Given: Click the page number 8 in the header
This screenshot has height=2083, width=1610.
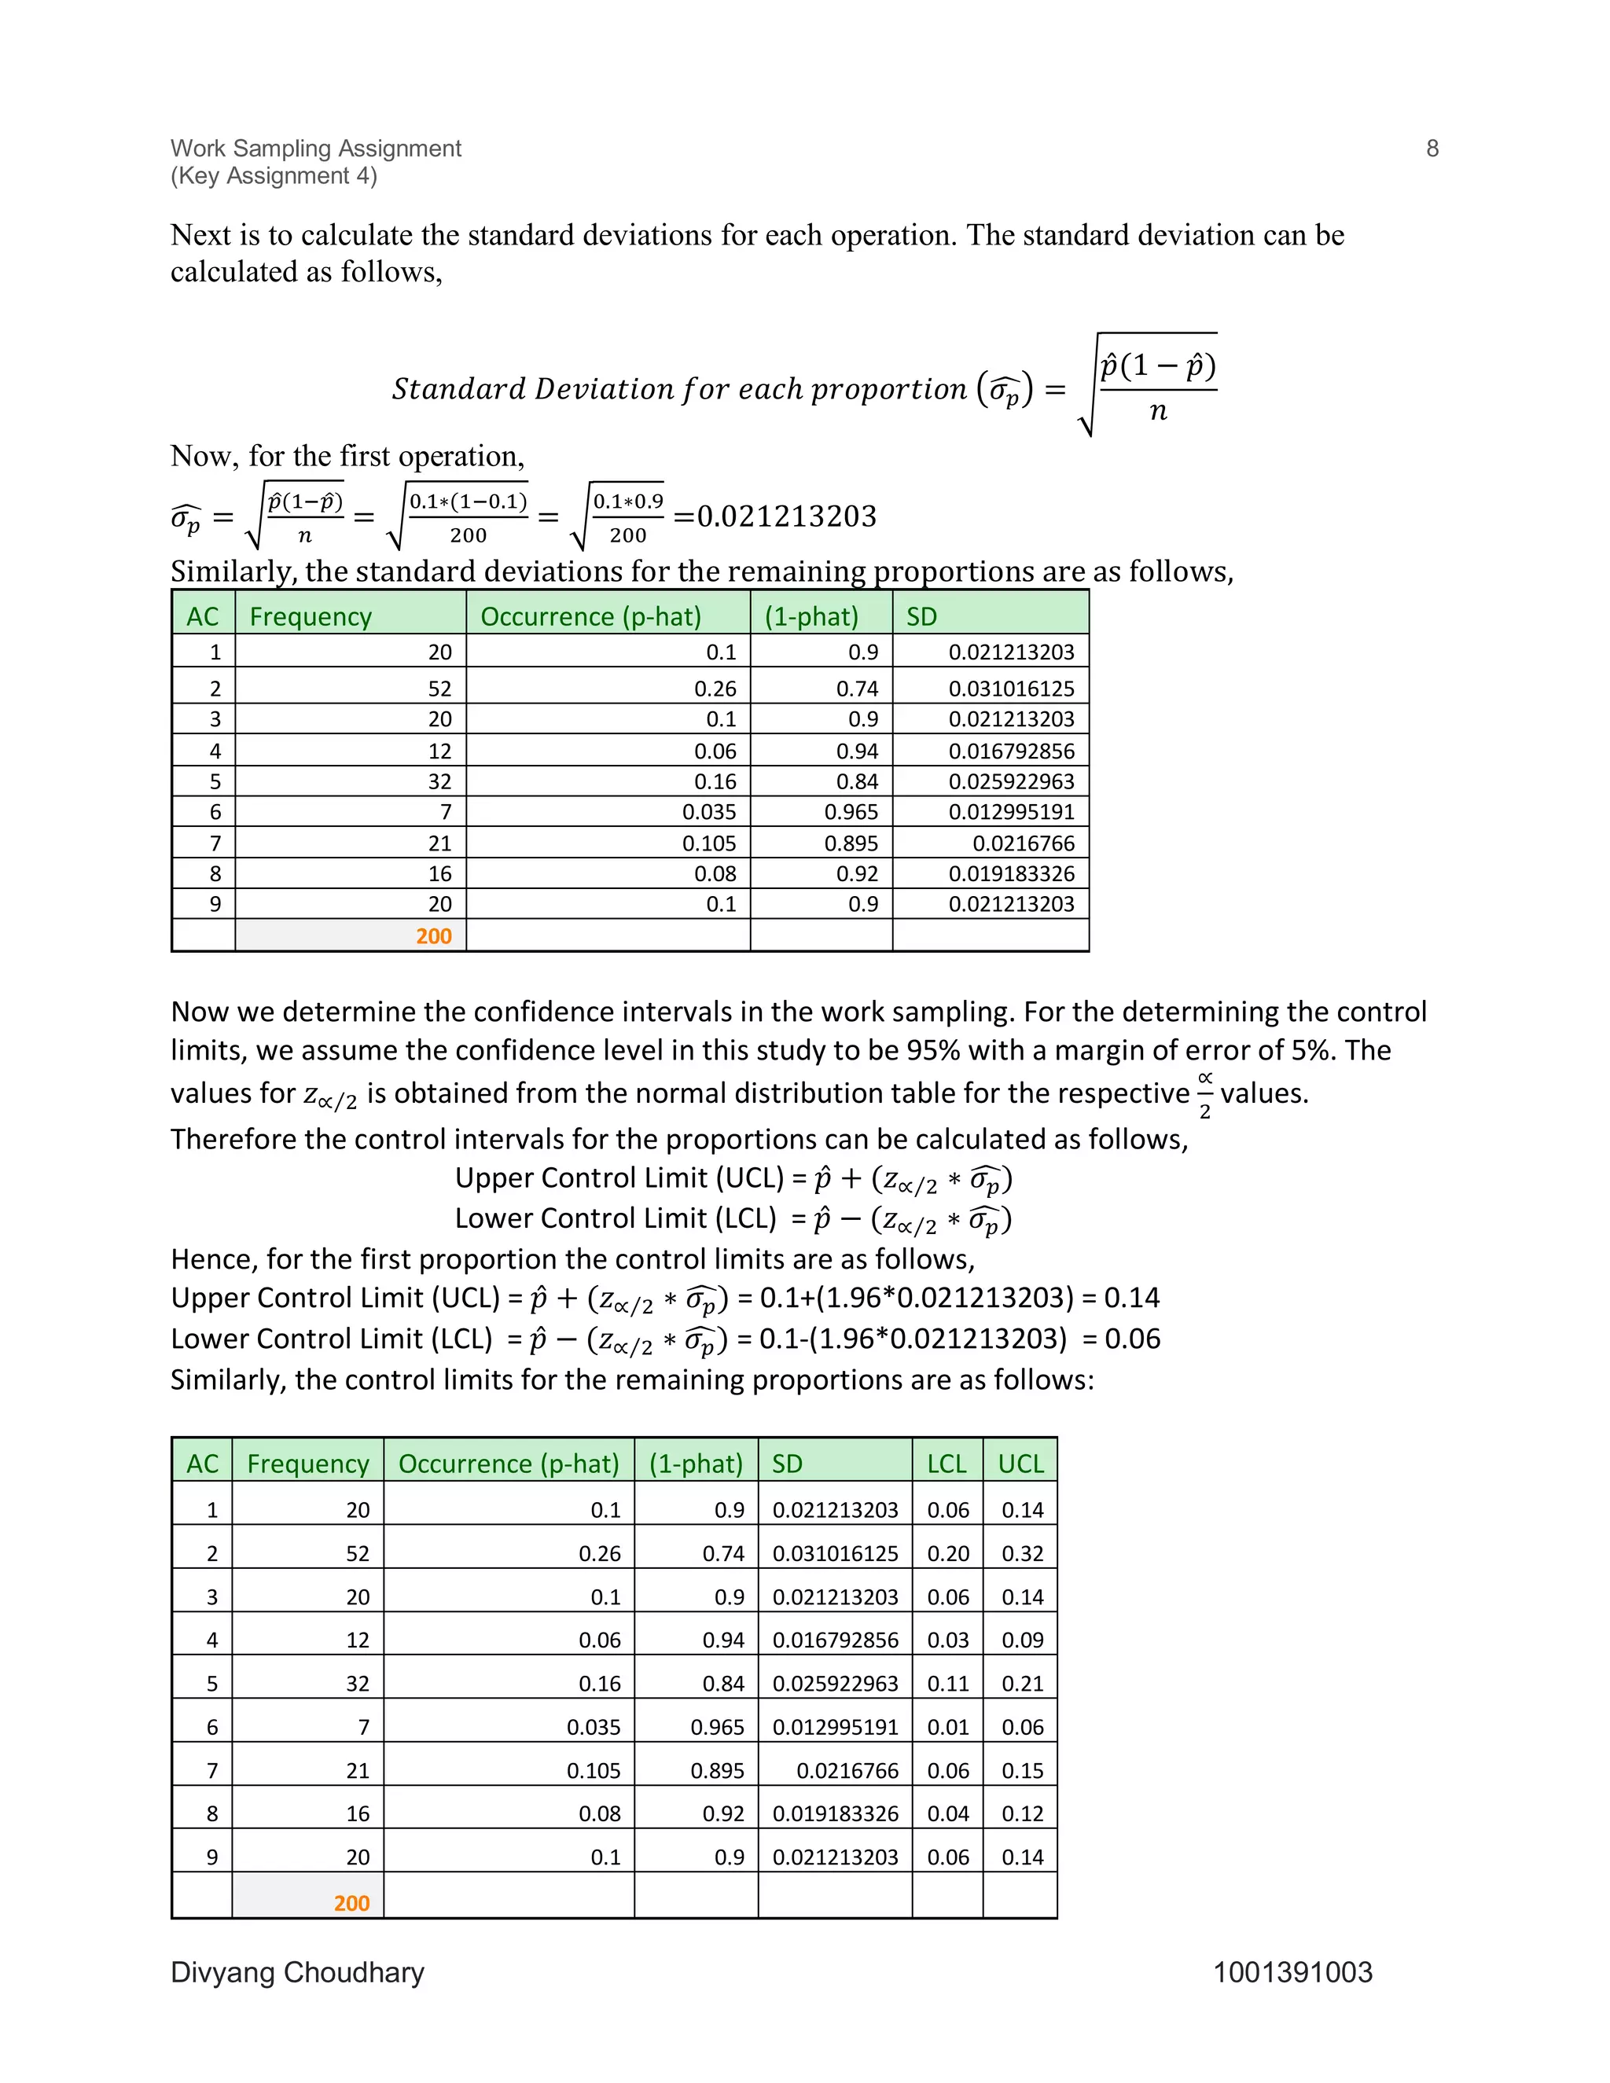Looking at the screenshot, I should (x=1432, y=148).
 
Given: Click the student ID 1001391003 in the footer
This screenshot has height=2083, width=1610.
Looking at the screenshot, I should (x=1292, y=1971).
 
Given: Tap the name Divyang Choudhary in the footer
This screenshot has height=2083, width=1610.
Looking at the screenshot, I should (x=296, y=1971).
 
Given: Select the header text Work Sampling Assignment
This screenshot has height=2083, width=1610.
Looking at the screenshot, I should (x=316, y=148).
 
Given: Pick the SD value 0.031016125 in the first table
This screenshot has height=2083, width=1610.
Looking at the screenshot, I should (x=1011, y=689).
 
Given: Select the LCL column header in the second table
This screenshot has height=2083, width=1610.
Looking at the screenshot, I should (x=947, y=1463).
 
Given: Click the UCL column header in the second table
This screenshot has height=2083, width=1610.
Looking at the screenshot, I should (x=1020, y=1463).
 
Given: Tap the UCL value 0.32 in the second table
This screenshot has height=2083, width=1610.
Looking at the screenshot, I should (x=1023, y=1554).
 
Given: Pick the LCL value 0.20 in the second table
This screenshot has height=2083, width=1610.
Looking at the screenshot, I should (x=948, y=1554).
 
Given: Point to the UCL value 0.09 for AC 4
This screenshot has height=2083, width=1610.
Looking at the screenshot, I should (x=1023, y=1640).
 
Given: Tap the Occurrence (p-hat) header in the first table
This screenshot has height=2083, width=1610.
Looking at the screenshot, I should (x=590, y=616).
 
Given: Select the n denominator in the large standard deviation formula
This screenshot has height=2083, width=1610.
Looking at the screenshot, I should (x=1158, y=411).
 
